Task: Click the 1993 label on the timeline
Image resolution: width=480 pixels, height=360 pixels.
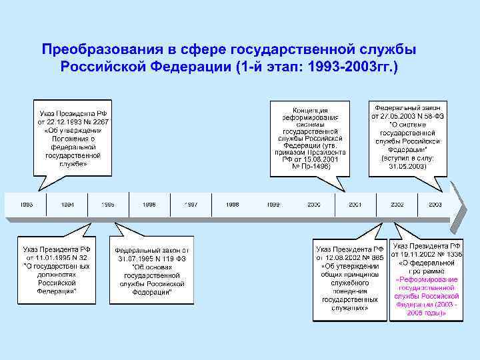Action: [27, 205]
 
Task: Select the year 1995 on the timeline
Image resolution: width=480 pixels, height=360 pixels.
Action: [108, 205]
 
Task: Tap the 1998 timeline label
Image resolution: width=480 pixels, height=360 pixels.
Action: [233, 205]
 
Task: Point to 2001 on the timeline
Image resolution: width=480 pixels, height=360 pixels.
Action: [355, 205]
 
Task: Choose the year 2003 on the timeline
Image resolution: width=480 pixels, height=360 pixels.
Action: [435, 205]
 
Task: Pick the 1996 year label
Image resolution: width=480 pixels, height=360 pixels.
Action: [149, 205]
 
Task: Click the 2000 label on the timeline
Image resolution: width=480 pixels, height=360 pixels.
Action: [314, 205]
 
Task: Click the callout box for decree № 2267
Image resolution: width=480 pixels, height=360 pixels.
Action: [73, 138]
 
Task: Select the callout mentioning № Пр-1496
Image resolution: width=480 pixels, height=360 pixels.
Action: [309, 138]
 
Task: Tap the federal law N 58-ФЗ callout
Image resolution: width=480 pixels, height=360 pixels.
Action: [408, 137]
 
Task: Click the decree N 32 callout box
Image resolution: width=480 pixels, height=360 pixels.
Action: [57, 266]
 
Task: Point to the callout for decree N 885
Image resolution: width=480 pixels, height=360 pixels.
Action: [349, 279]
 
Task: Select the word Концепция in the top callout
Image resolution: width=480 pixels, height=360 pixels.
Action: [310, 110]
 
